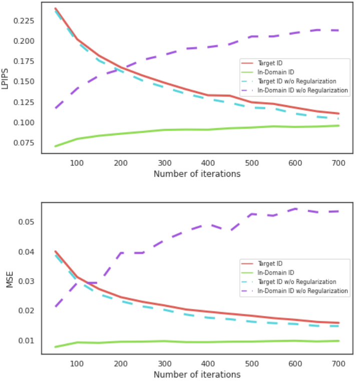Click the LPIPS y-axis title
tap(5, 79)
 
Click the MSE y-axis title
tap(10, 279)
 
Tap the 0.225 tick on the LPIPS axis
tap(24, 21)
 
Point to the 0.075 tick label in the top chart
tap(24, 143)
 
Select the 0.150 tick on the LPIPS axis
tap(24, 82)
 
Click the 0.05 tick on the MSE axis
tap(26, 222)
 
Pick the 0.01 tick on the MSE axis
tap(26, 340)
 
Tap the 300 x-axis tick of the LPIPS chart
tap(165, 163)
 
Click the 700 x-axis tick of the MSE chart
tap(338, 363)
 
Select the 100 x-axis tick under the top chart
tap(77, 163)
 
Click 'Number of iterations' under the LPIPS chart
tap(197, 174)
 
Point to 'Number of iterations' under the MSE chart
tap(197, 374)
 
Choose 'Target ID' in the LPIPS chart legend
tap(270, 63)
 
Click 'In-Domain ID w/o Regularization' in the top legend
tap(302, 91)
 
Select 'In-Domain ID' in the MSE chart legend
tap(276, 273)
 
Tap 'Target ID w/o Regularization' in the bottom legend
tap(297, 282)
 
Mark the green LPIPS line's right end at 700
tap(338, 126)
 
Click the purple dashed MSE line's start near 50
tap(56, 306)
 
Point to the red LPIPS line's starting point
tap(56, 9)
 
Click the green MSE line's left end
tap(56, 347)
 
